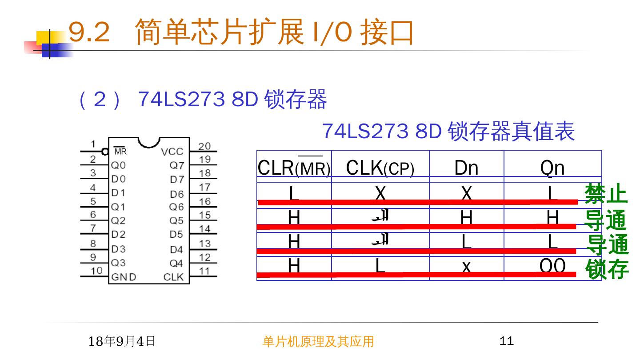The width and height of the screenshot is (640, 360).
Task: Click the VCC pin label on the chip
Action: tap(172, 152)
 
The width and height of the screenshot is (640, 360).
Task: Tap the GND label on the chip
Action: tap(124, 277)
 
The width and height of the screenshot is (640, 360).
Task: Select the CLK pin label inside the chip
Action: tap(173, 277)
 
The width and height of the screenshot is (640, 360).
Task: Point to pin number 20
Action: tap(204, 146)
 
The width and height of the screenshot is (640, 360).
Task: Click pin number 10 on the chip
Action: tap(96, 270)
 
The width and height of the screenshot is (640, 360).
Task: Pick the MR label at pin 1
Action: tap(120, 152)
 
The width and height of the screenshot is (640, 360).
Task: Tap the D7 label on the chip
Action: tap(176, 180)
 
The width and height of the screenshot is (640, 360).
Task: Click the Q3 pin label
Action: tap(118, 263)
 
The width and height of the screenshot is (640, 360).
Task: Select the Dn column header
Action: tap(466, 168)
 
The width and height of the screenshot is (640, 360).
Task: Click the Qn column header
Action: tap(552, 168)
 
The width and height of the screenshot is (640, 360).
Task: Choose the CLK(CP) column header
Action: tap(380, 168)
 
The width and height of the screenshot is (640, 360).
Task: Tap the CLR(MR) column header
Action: tap(294, 168)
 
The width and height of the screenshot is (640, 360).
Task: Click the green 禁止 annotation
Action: tap(606, 194)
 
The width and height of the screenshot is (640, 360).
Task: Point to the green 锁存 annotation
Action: tap(607, 269)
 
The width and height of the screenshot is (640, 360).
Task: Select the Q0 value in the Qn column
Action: tap(552, 266)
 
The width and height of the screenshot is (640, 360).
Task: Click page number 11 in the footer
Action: tap(507, 341)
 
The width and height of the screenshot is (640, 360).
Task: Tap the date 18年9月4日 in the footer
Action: tap(121, 341)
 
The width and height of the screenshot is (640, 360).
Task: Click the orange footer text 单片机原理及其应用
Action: tap(318, 341)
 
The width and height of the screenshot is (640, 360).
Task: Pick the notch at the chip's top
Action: tap(149, 142)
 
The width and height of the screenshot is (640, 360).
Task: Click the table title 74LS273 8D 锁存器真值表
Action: tap(448, 132)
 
